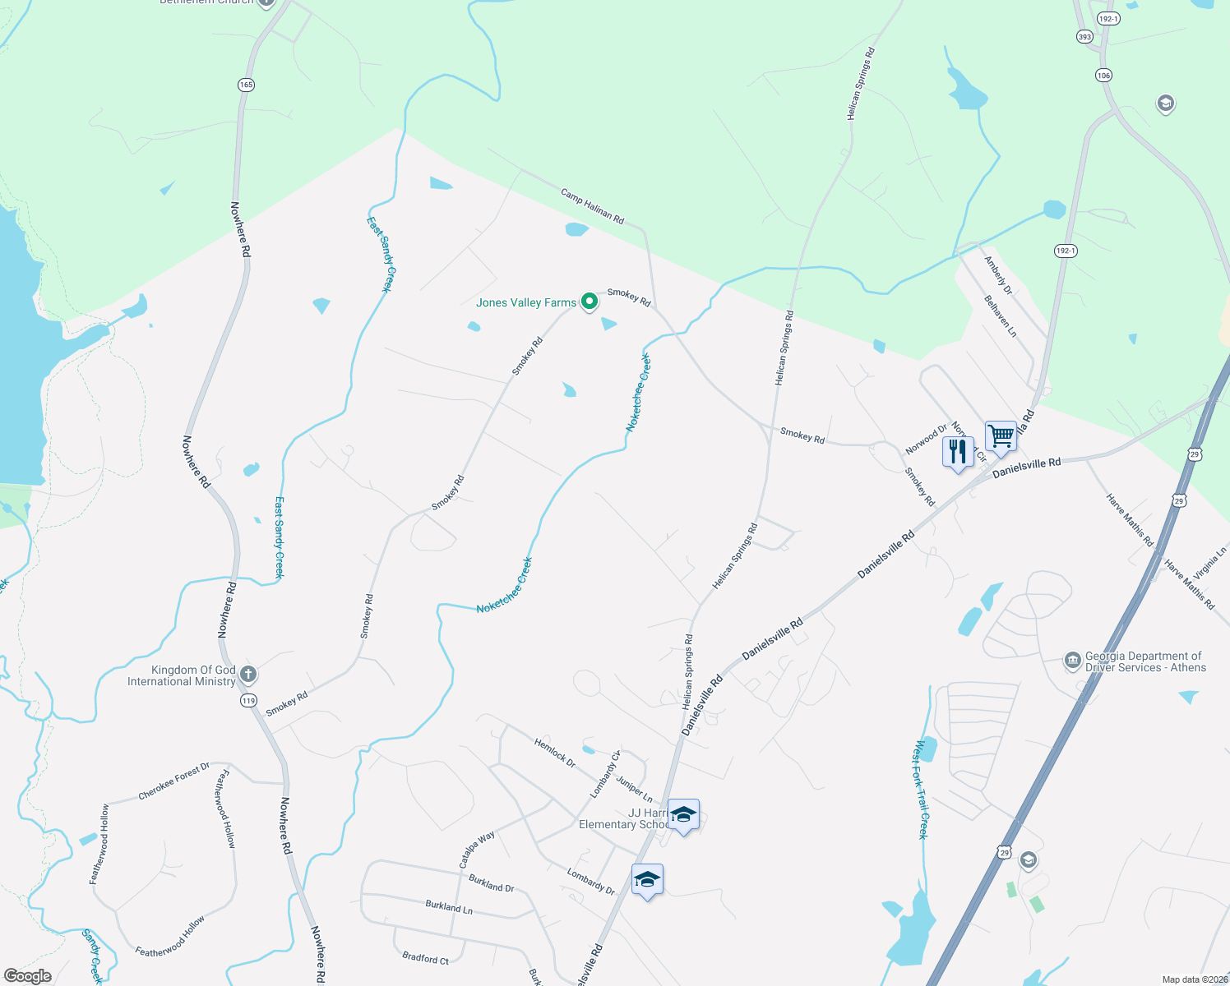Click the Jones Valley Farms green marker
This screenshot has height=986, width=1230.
[589, 302]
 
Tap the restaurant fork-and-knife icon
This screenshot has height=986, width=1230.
[958, 452]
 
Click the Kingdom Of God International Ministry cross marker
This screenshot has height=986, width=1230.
[248, 675]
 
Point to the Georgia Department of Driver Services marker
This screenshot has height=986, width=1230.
[1072, 661]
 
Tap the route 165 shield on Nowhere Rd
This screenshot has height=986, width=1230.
[246, 85]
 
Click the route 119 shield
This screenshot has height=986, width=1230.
[248, 701]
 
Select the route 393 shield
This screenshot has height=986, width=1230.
[1084, 37]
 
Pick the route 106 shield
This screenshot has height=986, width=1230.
[1103, 75]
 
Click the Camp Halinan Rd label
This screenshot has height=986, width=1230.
[592, 205]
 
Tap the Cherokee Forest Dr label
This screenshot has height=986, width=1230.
[173, 781]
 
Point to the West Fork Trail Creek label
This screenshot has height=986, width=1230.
[922, 790]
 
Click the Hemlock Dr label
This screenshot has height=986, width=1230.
[555, 753]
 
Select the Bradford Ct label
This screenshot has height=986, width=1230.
[425, 958]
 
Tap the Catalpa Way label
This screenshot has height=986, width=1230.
[477, 849]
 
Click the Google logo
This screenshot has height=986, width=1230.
[27, 976]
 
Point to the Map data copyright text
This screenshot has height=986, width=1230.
[1195, 979]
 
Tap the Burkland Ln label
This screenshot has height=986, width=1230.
[449, 906]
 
